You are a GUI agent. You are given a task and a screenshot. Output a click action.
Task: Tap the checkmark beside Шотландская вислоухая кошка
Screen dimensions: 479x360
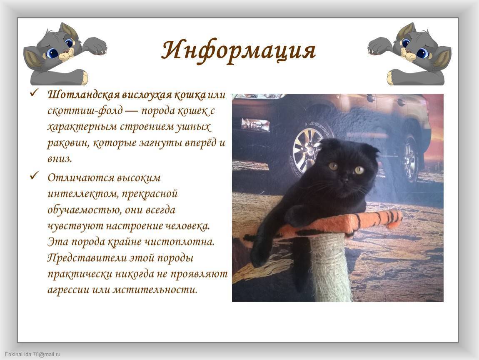coord(34,93)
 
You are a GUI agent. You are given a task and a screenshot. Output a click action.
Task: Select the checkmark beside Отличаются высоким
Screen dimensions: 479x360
coord(34,176)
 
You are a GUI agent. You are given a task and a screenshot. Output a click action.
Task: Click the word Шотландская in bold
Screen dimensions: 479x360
coord(84,95)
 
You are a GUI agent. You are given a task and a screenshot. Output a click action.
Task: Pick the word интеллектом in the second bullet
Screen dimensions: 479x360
coord(82,194)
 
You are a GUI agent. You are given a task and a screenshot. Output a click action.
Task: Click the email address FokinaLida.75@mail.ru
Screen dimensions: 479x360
coord(32,355)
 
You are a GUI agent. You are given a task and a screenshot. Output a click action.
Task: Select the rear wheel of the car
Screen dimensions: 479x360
coord(409,159)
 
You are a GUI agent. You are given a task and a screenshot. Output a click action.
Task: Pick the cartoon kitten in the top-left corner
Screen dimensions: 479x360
coord(65,54)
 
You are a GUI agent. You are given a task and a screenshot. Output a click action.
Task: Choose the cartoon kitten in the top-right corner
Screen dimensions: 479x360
coord(409,54)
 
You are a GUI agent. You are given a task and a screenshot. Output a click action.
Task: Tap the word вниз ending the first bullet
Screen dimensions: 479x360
coord(60,159)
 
